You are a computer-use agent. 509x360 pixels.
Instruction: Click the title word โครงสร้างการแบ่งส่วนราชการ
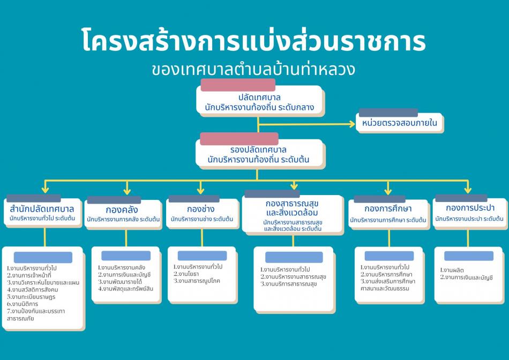click(254, 41)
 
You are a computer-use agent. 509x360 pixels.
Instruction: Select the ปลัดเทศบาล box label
click(259, 97)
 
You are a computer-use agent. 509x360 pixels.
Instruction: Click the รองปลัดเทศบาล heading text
click(258, 149)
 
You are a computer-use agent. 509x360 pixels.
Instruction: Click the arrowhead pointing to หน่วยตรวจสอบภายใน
click(352, 124)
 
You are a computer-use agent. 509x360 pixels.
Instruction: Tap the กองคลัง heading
click(122, 209)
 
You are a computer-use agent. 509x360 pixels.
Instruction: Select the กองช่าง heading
click(201, 208)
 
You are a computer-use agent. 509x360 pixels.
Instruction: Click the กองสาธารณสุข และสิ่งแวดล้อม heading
click(292, 208)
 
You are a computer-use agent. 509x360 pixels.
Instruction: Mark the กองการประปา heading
click(469, 208)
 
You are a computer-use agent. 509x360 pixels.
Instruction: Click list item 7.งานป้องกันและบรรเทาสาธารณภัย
click(36, 314)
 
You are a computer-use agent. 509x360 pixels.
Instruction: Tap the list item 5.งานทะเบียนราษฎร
click(33, 296)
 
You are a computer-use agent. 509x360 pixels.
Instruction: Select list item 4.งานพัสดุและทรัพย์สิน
click(125, 289)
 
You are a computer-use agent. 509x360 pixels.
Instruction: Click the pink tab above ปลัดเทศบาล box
click(237, 85)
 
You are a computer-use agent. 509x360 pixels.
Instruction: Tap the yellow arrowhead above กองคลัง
click(126, 191)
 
